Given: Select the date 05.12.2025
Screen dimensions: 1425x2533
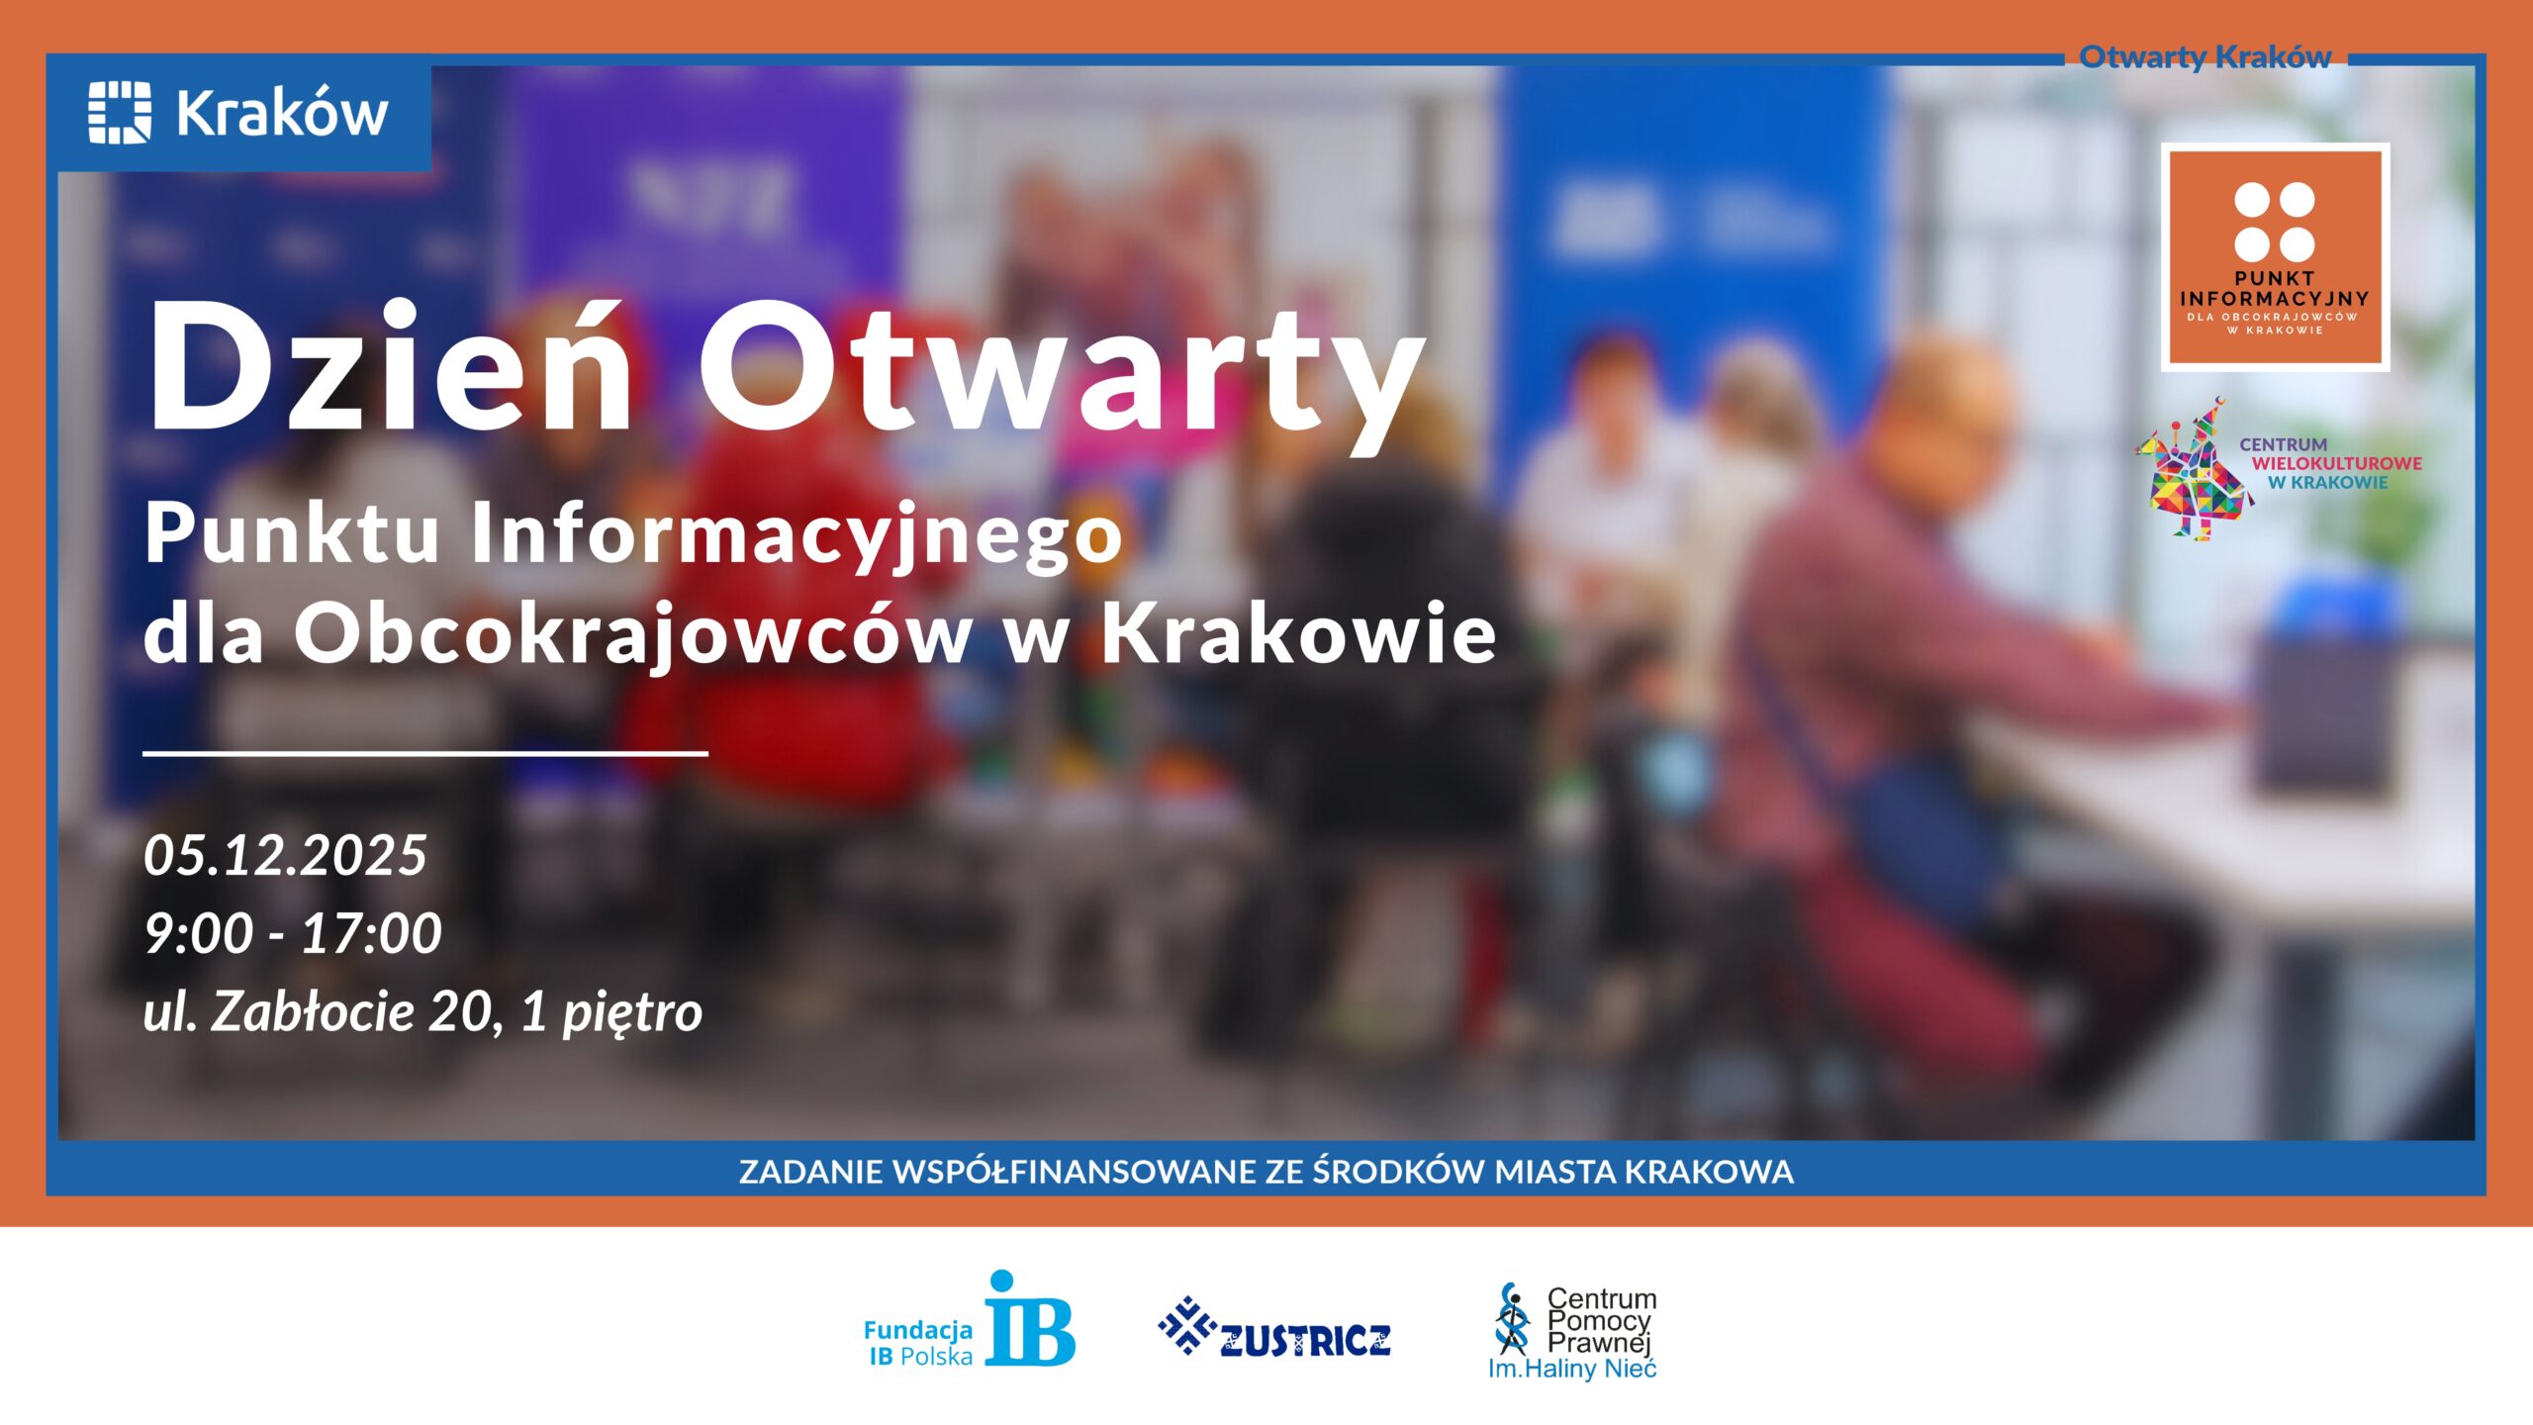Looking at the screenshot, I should [x=285, y=855].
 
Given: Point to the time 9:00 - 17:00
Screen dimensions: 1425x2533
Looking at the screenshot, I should [x=293, y=933].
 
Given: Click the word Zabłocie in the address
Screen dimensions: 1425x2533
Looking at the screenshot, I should [x=312, y=1012].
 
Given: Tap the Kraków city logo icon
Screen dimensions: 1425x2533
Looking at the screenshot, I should [x=120, y=113].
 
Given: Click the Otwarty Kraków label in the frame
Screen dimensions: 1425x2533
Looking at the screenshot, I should [x=2205, y=57].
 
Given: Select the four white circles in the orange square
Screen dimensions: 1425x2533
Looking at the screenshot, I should [x=2274, y=222].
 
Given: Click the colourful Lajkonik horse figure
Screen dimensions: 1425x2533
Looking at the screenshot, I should [x=2191, y=473].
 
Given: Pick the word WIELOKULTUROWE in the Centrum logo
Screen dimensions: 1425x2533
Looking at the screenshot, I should [x=2337, y=463].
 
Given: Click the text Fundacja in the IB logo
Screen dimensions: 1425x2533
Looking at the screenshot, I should [x=918, y=1331].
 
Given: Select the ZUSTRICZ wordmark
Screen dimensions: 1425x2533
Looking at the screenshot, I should [x=1305, y=1341].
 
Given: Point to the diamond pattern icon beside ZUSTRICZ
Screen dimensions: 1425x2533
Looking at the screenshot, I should [x=1186, y=1325].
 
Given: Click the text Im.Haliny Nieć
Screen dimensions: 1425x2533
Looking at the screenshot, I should [x=1572, y=1370].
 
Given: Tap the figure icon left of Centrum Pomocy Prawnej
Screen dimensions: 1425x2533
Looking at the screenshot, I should [x=1512, y=1319].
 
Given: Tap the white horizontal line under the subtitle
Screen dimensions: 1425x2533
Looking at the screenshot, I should [x=425, y=753].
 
